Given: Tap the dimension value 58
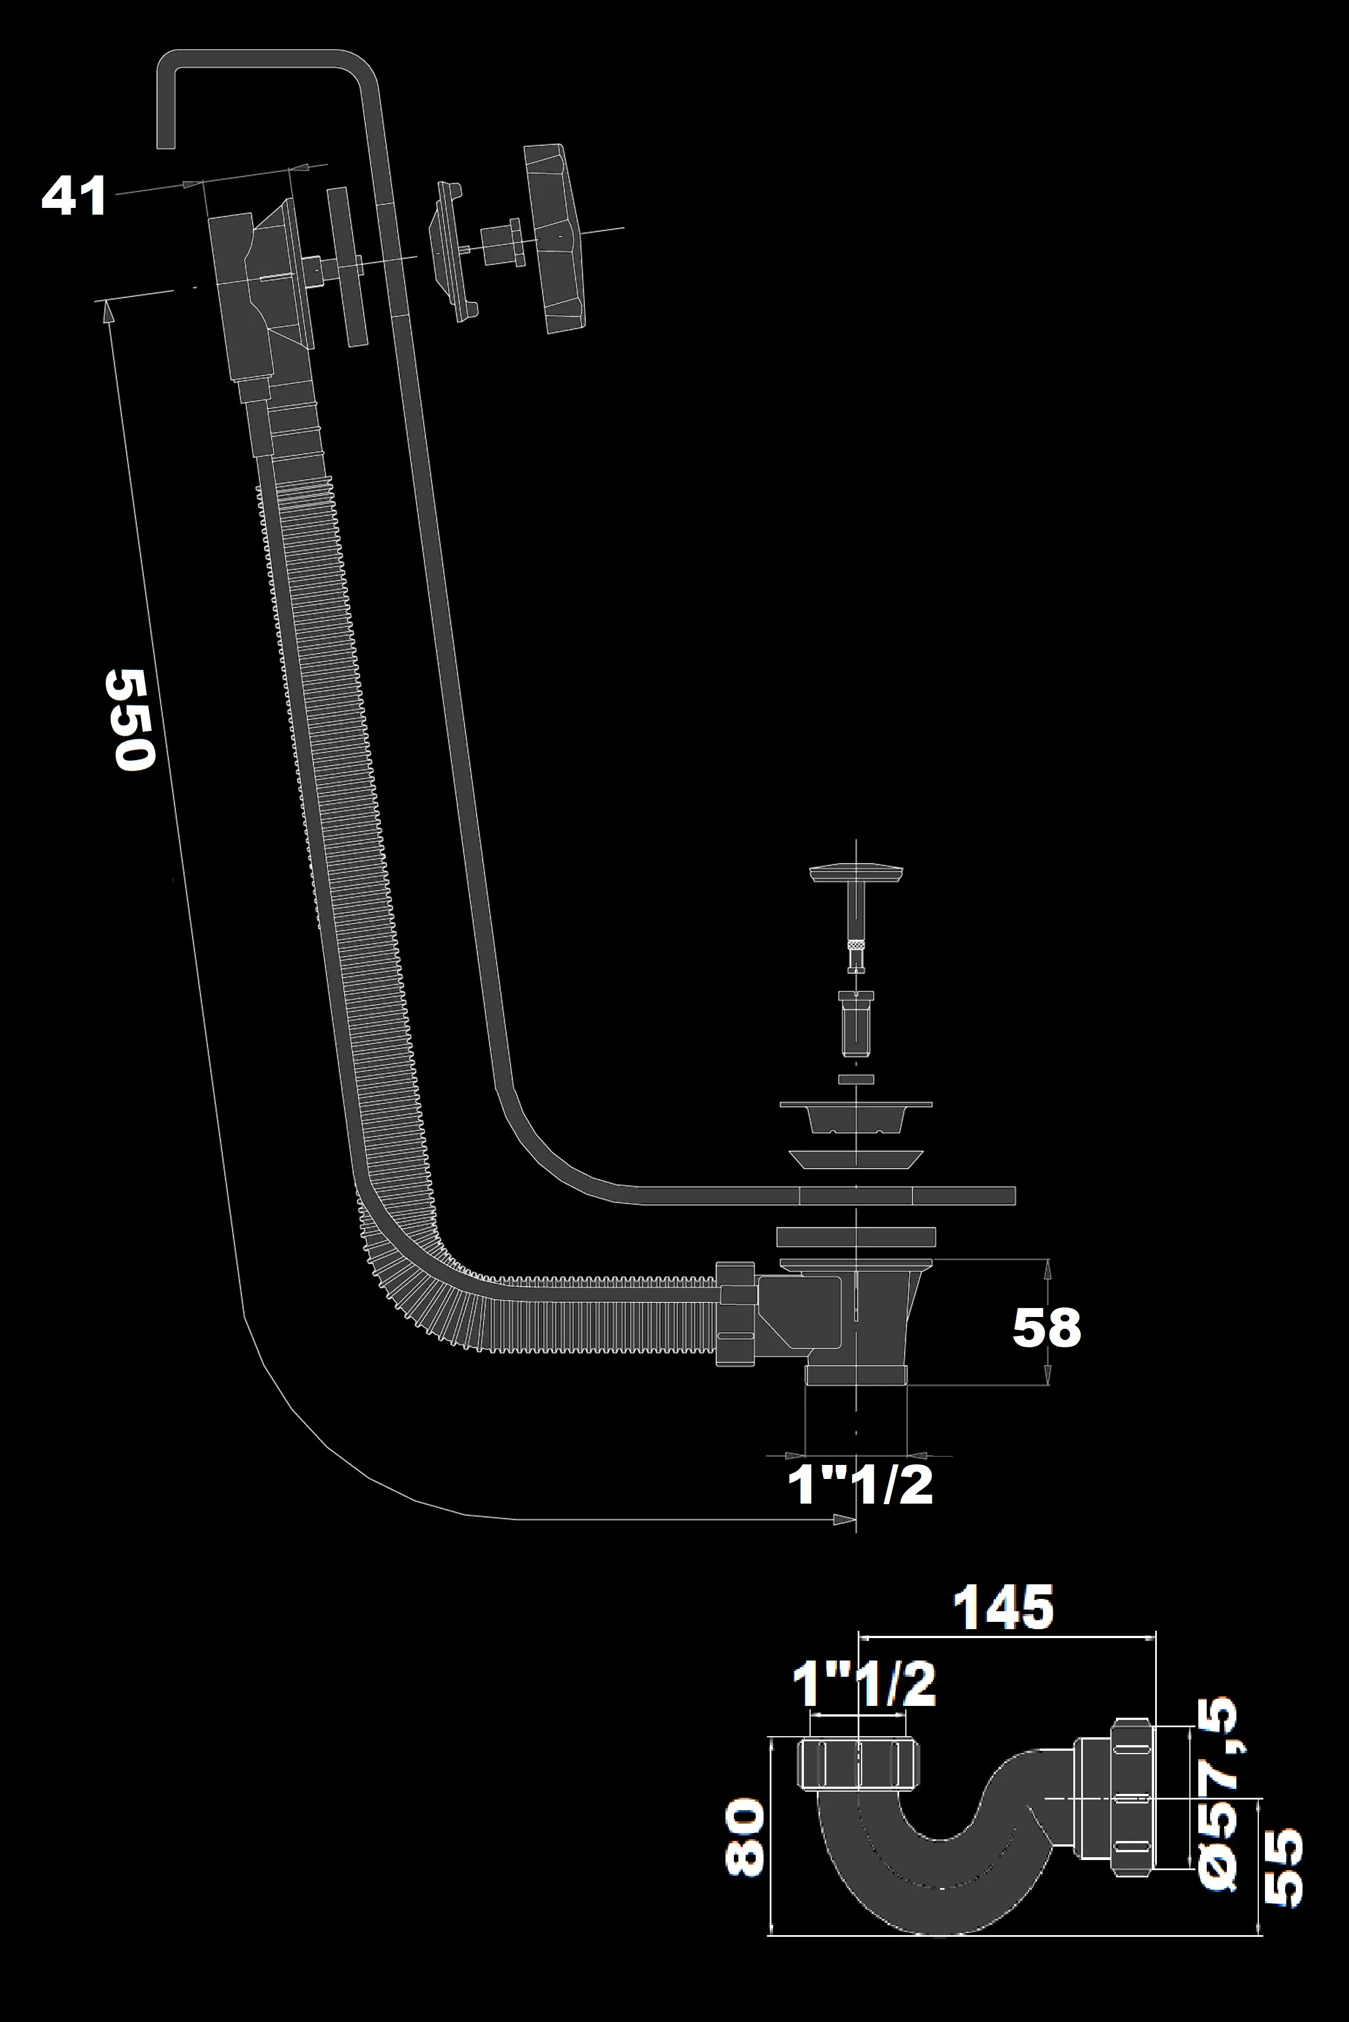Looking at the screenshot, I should coord(1045,1328).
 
